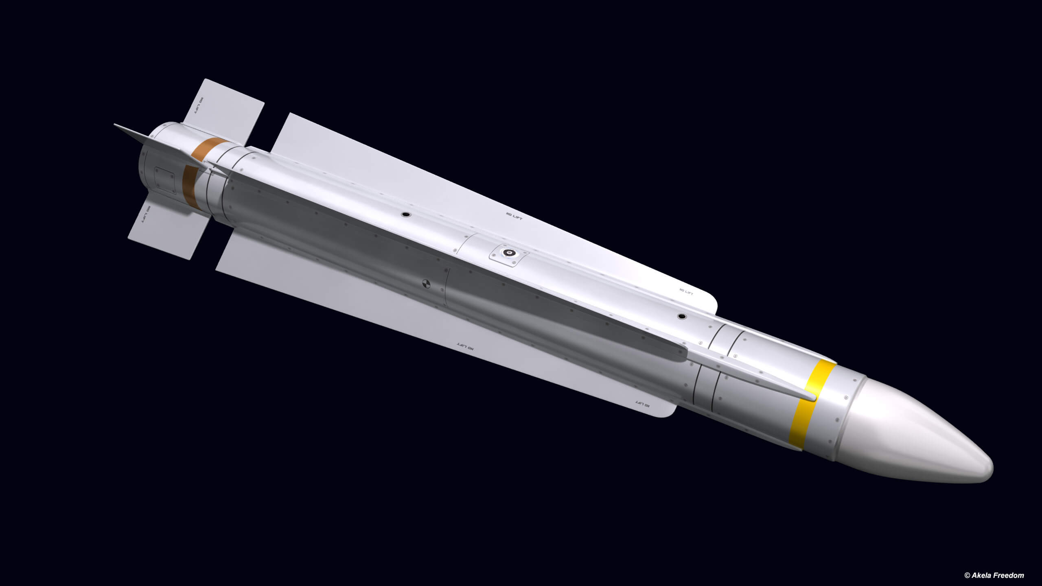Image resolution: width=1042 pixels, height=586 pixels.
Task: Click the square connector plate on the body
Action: coord(509,254)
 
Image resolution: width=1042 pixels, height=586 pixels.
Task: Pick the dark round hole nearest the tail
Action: coord(405,214)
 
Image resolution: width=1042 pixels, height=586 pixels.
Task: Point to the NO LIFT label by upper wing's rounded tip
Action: coord(686,291)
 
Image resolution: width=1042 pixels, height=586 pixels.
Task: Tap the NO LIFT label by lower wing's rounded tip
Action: coord(642,404)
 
